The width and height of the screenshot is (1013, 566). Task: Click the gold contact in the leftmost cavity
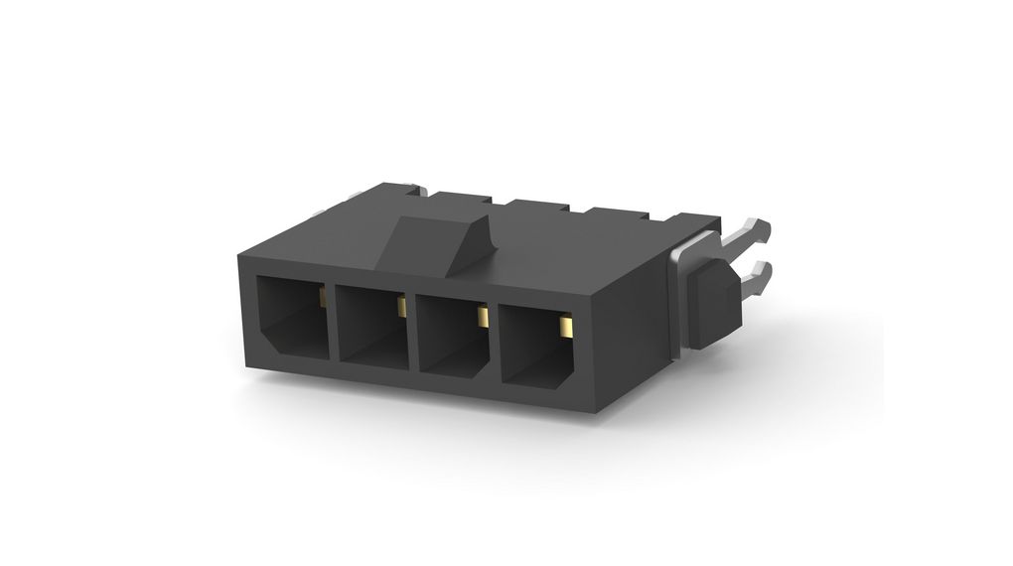coord(323,296)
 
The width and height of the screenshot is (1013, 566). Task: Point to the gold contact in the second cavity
coord(401,307)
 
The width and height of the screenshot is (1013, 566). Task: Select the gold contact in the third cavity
coord(483,317)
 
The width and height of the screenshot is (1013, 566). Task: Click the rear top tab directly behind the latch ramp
coord(461,202)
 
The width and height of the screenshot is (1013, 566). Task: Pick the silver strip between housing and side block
coord(677,298)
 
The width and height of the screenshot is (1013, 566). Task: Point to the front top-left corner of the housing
coord(240,256)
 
